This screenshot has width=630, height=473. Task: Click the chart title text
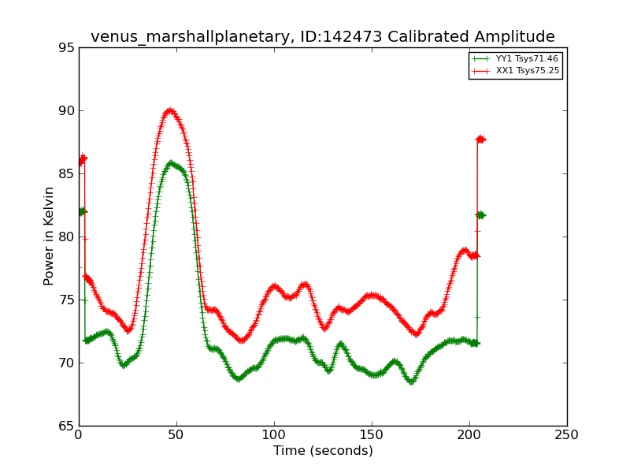322,37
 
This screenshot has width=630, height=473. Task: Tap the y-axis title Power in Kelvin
49,236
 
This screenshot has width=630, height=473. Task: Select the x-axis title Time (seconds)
323,451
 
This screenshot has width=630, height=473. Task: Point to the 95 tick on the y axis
66,48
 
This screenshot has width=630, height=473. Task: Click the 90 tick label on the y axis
66,111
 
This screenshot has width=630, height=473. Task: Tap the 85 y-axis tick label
66,174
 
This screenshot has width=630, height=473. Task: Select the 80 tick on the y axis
66,237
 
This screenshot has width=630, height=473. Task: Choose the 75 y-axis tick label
66,300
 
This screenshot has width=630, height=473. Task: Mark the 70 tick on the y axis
66,363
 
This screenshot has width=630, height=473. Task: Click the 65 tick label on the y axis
66,426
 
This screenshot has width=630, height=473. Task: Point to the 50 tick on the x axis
176,435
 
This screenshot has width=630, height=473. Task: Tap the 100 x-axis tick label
274,435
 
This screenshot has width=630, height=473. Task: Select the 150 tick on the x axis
372,435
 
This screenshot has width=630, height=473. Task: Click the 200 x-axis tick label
469,435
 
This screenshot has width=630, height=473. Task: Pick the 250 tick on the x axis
567,435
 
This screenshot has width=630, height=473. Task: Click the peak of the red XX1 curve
169,110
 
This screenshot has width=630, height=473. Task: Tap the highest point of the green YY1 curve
171,163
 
